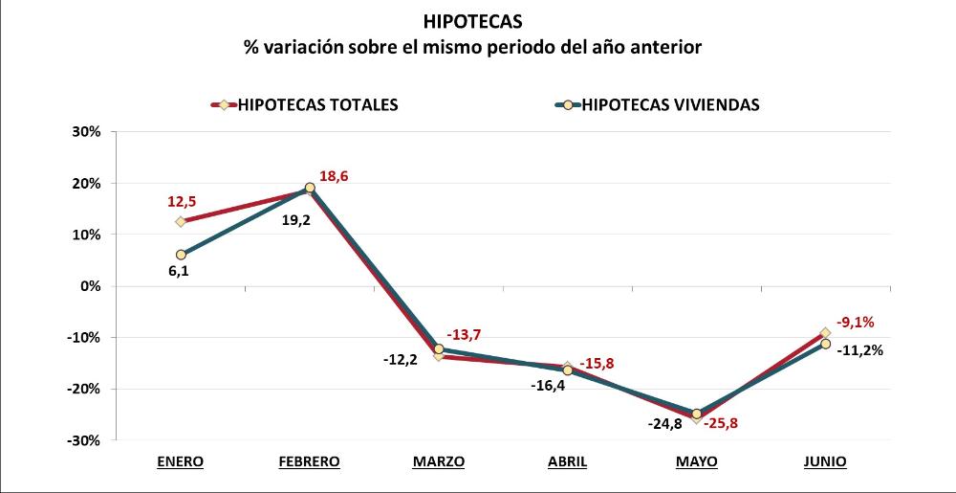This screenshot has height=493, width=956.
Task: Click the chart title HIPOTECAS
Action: tap(477, 20)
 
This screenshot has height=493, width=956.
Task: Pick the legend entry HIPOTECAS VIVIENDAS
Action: tap(670, 105)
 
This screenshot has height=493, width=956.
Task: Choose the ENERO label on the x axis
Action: tap(180, 461)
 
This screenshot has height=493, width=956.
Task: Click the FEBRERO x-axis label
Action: tap(309, 461)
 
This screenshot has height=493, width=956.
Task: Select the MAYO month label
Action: tap(696, 461)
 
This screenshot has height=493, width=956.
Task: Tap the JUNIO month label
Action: tap(825, 461)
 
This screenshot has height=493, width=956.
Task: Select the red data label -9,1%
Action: tap(857, 323)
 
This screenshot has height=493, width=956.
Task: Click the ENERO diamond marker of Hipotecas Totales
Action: tap(180, 222)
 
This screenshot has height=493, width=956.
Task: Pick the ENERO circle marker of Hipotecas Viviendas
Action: tap(180, 255)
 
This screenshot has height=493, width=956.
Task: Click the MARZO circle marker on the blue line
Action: tap(439, 348)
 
